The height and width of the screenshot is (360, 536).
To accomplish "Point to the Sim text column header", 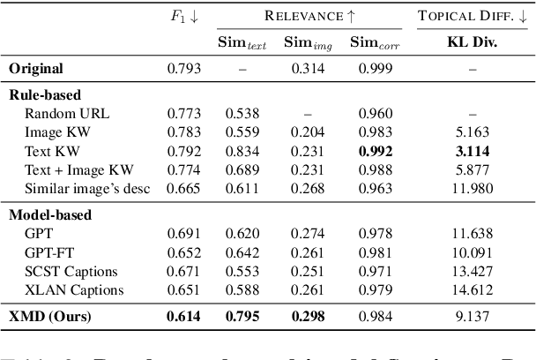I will point(242,42).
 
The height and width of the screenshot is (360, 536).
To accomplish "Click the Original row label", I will point(36,68).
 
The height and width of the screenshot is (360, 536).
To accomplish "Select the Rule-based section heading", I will point(45,94).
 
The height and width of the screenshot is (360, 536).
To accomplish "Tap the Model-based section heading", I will point(50,214).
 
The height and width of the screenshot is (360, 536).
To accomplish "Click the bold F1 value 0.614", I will point(184,316).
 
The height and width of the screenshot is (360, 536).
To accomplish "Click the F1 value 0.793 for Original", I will point(184,68).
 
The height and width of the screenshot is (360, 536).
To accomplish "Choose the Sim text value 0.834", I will point(242,150).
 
